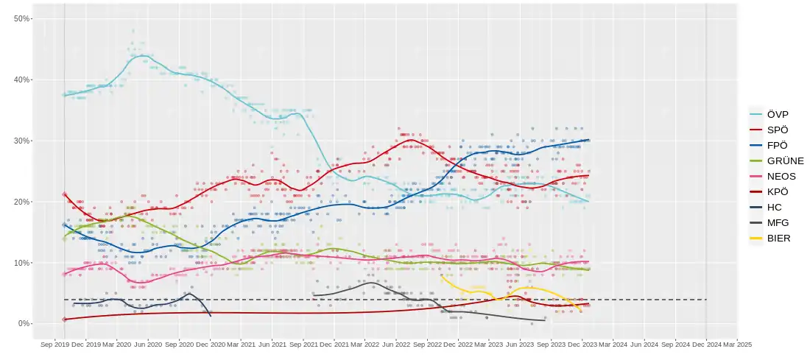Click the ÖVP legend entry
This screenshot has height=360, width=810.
coord(777,114)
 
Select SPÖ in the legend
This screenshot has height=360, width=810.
coord(777,130)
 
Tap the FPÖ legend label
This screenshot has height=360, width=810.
coord(777,145)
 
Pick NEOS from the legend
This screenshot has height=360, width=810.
coord(781,176)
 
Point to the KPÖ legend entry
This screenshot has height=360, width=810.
coord(777,191)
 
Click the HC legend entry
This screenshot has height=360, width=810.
coord(774,207)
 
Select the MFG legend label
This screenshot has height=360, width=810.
coord(778,222)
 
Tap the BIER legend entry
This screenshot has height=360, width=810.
coord(778,238)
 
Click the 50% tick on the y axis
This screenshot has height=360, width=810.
coord(22,18)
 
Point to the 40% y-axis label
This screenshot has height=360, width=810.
coord(22,80)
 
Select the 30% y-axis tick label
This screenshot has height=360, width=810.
coord(22,141)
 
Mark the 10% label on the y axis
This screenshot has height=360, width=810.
coord(22,263)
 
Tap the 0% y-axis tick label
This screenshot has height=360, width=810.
coord(24,324)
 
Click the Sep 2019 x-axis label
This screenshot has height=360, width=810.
coord(55,344)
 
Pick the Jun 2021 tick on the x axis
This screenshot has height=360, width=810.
coord(272,344)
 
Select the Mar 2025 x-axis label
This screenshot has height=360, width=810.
coord(737,344)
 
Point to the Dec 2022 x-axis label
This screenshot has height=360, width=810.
coord(459,344)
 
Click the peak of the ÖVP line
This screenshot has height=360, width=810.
coord(142,56)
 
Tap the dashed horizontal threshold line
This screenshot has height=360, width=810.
coord(368,300)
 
